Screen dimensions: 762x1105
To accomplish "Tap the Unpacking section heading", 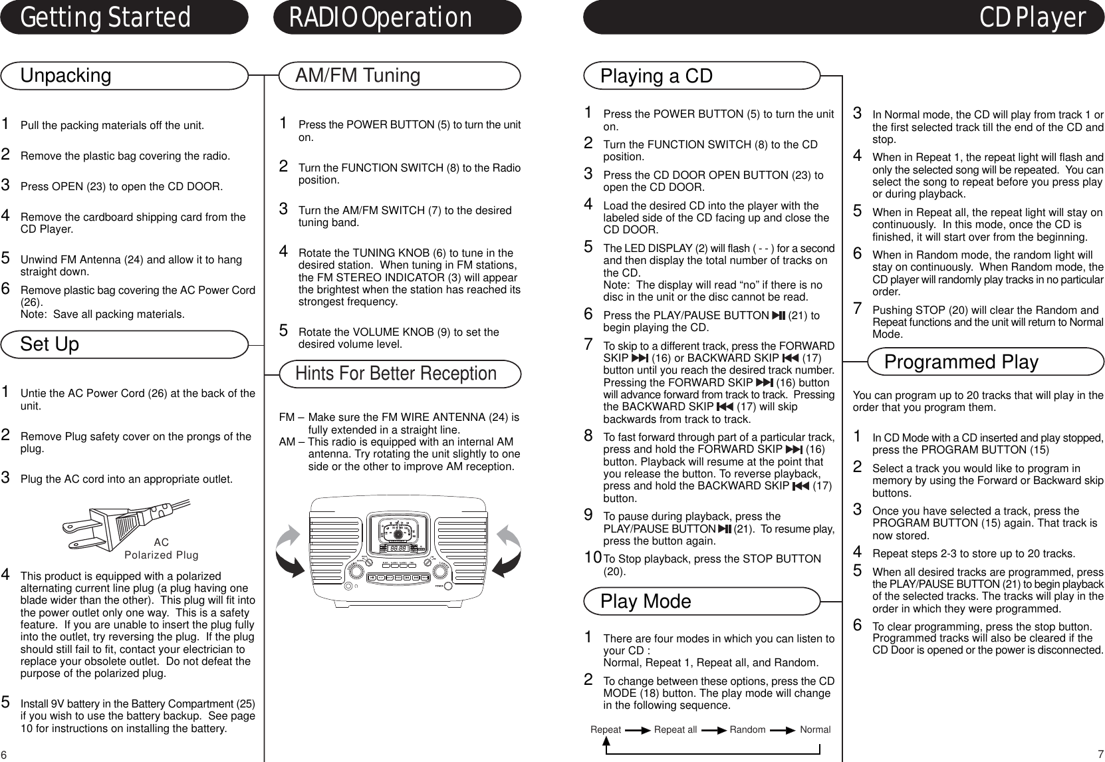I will point(66,75).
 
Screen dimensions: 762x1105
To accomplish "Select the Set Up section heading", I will point(50,344).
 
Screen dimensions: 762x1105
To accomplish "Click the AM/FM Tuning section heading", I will point(358,75).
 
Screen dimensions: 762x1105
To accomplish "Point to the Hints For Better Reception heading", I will point(396,373).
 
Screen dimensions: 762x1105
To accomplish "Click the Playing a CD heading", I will point(656,76).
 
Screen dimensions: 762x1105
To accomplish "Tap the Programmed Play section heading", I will point(961,362).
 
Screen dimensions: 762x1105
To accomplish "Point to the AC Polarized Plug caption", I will point(162,549).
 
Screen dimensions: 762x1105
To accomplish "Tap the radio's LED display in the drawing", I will point(398,549).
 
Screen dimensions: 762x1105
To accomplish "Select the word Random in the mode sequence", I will point(747,729).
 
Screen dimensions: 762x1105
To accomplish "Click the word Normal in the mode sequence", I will point(815,729).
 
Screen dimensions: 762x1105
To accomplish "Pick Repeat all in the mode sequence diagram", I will point(675,729).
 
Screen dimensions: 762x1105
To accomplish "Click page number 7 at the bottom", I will point(1100,755).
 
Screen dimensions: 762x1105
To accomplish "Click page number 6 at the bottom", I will point(4,755).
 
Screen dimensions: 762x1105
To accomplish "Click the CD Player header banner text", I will point(1032,18).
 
